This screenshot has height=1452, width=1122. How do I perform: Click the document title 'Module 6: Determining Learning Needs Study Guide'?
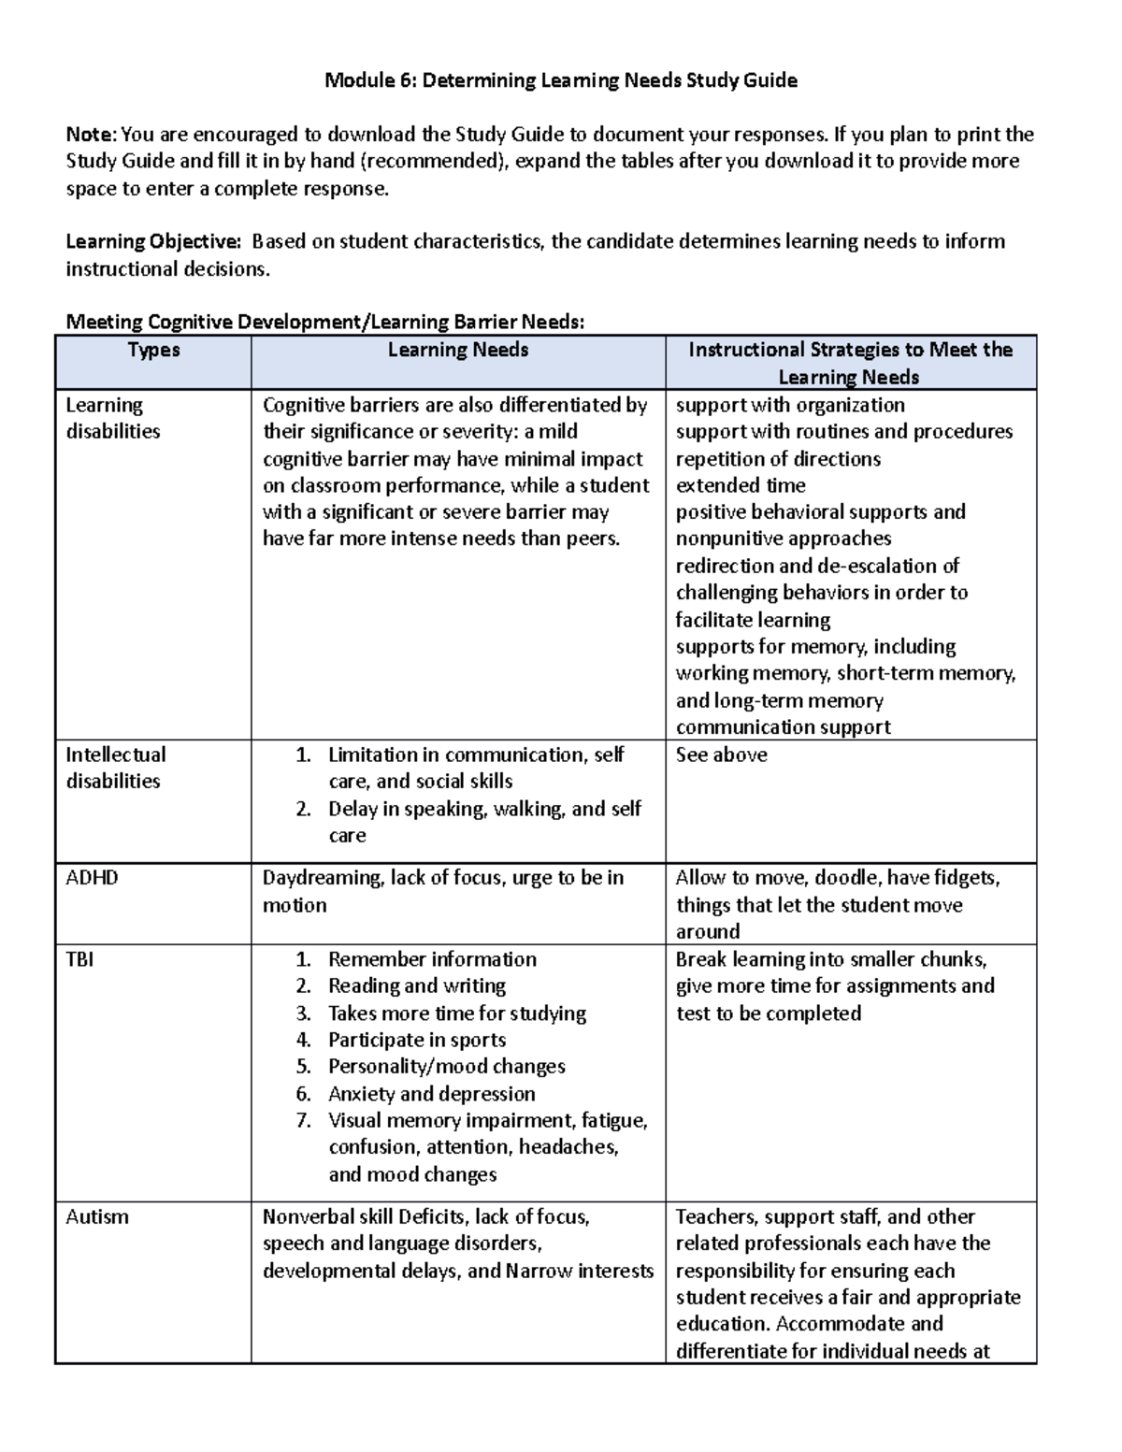[560, 80]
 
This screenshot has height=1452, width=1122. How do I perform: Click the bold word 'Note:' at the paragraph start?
[92, 135]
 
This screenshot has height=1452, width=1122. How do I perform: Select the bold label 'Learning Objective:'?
[152, 242]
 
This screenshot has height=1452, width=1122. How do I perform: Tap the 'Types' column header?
[153, 350]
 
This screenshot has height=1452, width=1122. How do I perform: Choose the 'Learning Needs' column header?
[458, 350]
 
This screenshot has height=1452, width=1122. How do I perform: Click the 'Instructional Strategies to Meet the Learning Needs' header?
[850, 363]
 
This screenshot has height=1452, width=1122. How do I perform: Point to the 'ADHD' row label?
[92, 878]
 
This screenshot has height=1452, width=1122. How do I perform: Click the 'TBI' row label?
[79, 959]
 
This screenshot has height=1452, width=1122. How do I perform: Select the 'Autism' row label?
[97, 1217]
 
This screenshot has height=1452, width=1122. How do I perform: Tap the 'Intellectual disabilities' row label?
[115, 768]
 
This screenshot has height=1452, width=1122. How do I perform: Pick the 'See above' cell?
[721, 755]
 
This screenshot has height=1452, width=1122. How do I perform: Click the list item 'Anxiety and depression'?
[431, 1094]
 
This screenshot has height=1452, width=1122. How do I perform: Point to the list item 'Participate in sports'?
[416, 1040]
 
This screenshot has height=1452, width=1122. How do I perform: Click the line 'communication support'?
[783, 727]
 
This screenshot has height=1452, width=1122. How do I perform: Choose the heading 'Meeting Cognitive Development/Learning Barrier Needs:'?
[324, 323]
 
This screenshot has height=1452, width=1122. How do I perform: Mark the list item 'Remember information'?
[432, 959]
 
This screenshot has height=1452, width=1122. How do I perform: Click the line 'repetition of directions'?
[778, 459]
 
